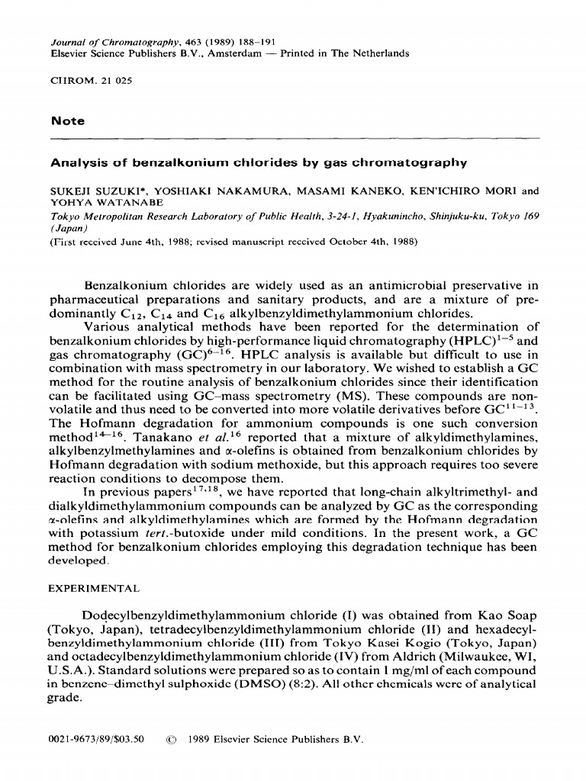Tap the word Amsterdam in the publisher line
[229, 54]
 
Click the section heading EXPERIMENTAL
[94, 588]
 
